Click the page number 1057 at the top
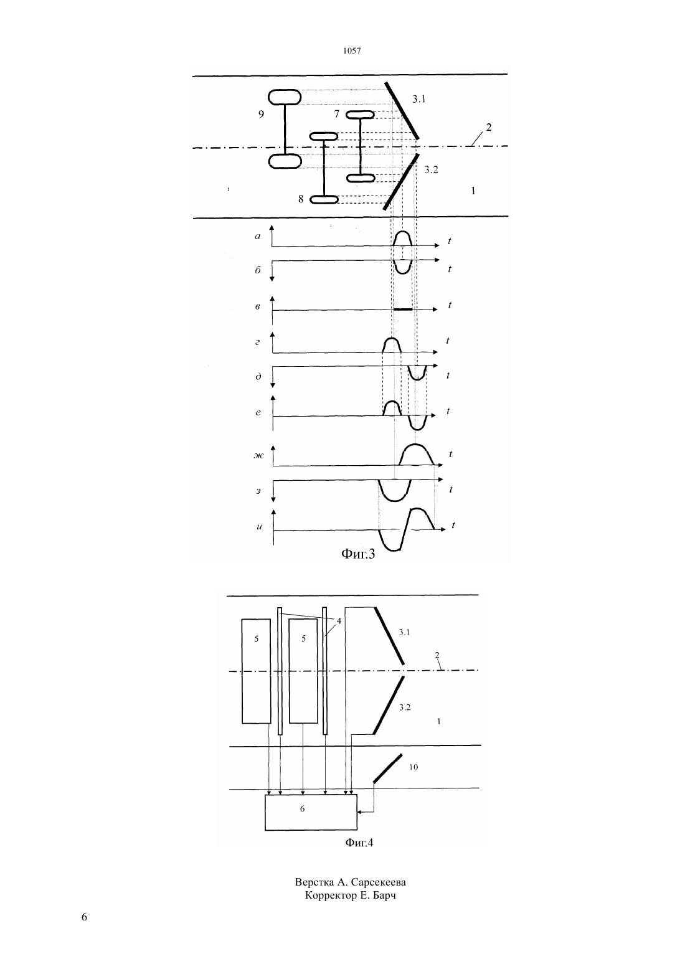pyautogui.click(x=352, y=50)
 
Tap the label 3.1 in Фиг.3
pyautogui.click(x=418, y=99)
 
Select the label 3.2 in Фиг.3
pyautogui.click(x=431, y=169)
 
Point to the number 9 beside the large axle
pyautogui.click(x=261, y=114)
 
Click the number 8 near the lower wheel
pyautogui.click(x=301, y=199)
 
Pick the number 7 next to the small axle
pyautogui.click(x=337, y=114)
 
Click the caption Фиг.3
pyautogui.click(x=358, y=554)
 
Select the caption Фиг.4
pyautogui.click(x=359, y=842)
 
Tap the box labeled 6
pyautogui.click(x=311, y=812)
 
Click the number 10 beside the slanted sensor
pyautogui.click(x=413, y=767)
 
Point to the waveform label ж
pyautogui.click(x=258, y=455)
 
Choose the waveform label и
pyautogui.click(x=259, y=527)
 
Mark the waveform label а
pyautogui.click(x=258, y=236)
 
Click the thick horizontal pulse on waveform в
pyautogui.click(x=403, y=310)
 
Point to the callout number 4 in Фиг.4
pyautogui.click(x=339, y=621)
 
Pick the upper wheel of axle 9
pyautogui.click(x=285, y=97)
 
